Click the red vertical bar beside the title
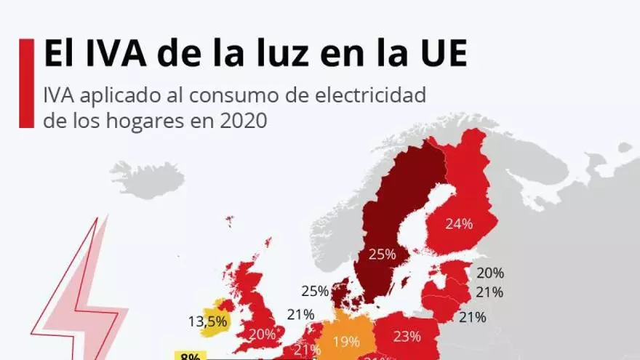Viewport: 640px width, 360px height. pos(26,84)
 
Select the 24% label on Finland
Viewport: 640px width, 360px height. pos(459,224)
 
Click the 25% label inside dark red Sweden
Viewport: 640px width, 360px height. pos(382,255)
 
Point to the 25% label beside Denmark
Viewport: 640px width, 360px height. pos(315,291)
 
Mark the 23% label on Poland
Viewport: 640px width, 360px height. pos(407,336)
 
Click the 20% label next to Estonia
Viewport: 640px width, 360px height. pos(490,273)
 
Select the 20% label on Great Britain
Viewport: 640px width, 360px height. pos(262,335)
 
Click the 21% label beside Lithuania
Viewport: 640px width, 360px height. pos(472,317)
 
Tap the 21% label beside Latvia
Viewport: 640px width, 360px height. pos(490,292)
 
